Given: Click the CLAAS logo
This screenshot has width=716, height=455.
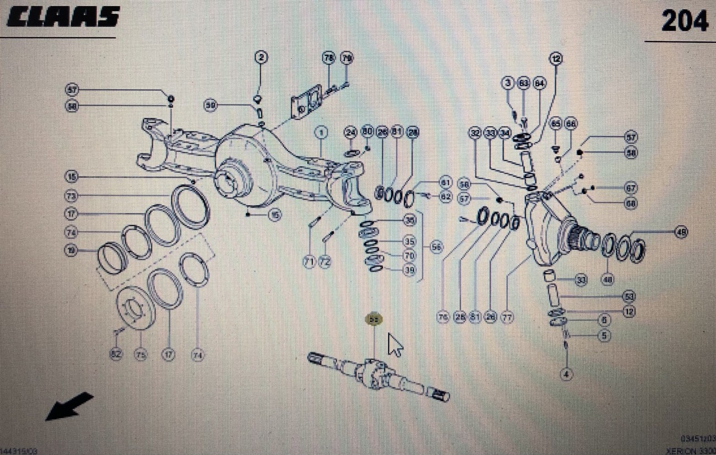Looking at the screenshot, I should pos(63,17).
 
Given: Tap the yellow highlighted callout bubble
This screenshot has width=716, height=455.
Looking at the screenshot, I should pos(374,319).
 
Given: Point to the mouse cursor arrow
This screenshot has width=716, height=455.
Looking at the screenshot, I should pos(395,345).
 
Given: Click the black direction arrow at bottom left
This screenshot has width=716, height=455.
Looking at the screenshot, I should pos(69,405).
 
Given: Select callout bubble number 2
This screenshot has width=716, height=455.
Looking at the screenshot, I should pos(261,57).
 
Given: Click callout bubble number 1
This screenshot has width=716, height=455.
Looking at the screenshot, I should pos(321,132).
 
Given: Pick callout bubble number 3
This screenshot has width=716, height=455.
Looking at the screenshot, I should pos(508,83).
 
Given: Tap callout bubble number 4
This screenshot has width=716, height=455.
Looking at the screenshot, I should pos(566,375).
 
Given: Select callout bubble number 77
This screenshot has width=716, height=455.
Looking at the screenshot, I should pos(507,317).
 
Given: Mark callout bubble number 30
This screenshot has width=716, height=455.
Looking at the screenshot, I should pos(581,280).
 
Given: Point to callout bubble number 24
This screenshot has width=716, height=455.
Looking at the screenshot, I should pos(351,132).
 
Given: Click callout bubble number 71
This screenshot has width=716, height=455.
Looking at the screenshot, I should pos(310,262).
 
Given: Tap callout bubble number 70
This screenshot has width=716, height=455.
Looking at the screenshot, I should pos(409,256).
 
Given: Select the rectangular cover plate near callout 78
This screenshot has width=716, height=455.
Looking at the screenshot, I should pos(308,104).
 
